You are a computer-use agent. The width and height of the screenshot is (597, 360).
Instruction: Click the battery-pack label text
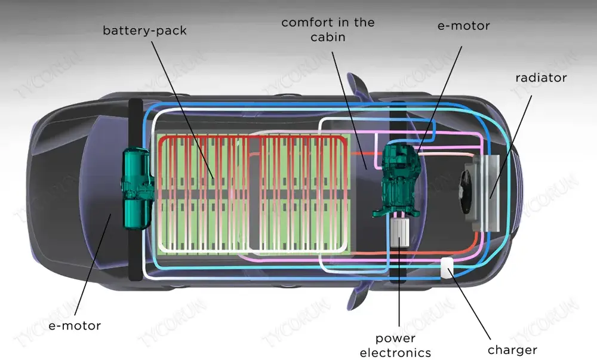[145, 30]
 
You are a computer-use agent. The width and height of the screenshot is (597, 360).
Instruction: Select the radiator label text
[541, 78]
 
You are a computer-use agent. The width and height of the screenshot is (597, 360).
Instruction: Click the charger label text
[512, 350]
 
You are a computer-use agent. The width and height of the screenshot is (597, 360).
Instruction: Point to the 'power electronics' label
[395, 346]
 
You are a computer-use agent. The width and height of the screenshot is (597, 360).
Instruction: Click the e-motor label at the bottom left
[75, 325]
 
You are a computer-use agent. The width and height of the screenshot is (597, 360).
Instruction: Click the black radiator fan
[467, 190]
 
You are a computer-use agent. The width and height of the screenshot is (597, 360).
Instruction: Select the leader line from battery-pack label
[182, 107]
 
